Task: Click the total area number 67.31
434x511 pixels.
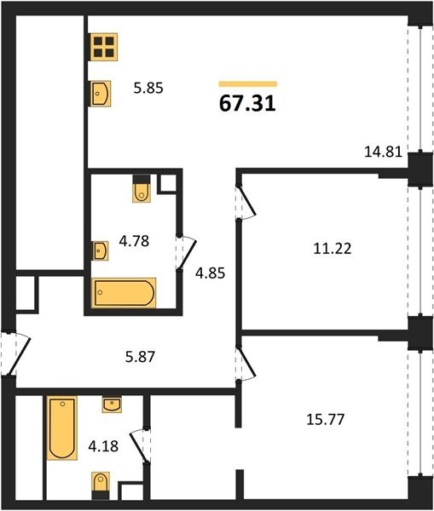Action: [247, 104]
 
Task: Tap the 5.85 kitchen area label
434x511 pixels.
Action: [148, 88]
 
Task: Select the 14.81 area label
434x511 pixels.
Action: [383, 152]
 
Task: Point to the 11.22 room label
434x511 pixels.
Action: [333, 249]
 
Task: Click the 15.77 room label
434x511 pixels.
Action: [326, 419]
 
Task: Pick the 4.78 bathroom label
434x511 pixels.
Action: [134, 241]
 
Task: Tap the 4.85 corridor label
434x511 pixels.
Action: [210, 273]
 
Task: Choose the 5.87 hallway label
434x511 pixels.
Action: [141, 357]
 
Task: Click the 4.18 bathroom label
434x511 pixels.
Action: [103, 445]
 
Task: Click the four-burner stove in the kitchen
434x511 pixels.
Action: [104, 47]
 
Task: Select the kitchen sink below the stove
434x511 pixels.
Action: [100, 94]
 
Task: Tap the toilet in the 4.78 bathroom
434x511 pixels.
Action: [142, 189]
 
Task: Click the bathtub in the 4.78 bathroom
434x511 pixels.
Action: [124, 293]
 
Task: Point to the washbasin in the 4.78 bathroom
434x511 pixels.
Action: [100, 250]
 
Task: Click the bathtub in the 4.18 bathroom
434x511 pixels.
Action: [62, 428]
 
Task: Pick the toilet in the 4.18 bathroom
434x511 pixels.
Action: [101, 485]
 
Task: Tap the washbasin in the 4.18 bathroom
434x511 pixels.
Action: [112, 405]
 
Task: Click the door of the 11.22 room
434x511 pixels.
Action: [246, 202]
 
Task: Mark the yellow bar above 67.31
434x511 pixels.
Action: [248, 84]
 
